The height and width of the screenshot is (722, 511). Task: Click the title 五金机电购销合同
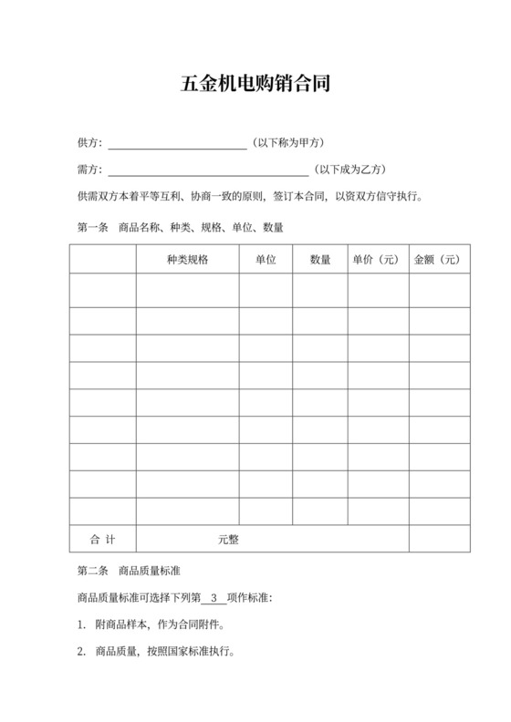(x=255, y=85)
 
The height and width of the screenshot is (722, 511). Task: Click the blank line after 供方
(x=177, y=145)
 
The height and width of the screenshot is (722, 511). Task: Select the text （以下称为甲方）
(x=288, y=143)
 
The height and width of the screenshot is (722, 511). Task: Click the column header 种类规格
(x=188, y=260)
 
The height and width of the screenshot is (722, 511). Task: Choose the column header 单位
(x=266, y=260)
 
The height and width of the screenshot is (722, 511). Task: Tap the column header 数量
(x=320, y=260)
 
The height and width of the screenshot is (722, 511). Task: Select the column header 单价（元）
(x=377, y=260)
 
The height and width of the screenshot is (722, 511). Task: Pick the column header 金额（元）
(x=439, y=260)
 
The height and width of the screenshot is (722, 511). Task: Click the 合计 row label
(x=102, y=539)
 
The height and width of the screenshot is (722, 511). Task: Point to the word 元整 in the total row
(x=228, y=539)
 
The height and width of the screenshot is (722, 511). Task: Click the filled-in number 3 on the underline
(x=214, y=599)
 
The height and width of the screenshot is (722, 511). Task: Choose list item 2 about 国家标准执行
(x=157, y=653)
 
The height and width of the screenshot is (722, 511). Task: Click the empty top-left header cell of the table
(x=102, y=260)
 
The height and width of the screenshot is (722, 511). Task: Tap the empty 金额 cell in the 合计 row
(x=439, y=539)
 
